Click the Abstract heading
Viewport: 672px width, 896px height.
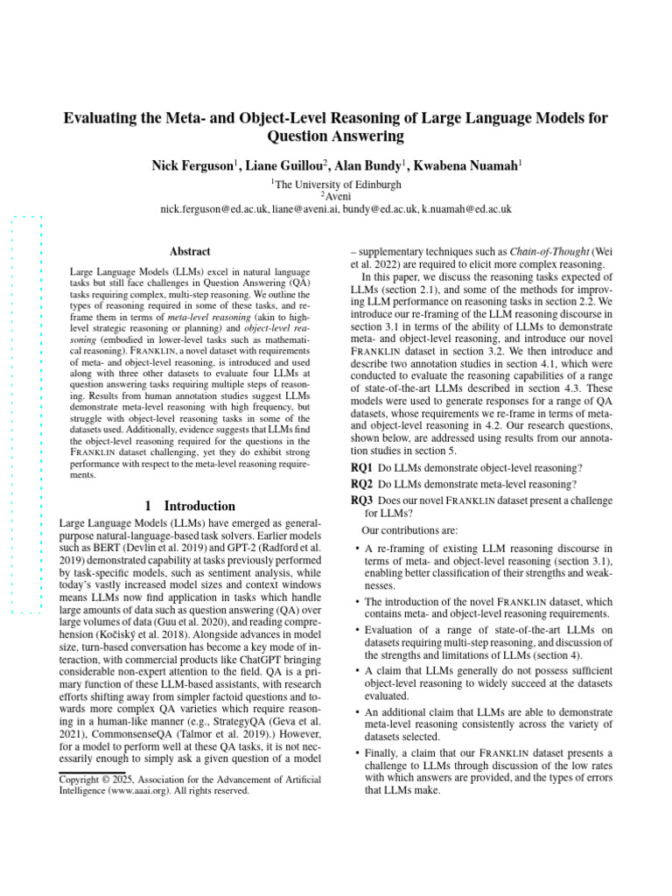(189, 250)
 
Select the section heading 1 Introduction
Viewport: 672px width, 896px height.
(189, 506)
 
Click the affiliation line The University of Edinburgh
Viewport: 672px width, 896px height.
(337, 185)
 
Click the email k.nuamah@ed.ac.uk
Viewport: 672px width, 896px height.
(466, 210)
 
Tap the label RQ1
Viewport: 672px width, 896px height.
(362, 468)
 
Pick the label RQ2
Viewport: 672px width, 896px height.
(362, 484)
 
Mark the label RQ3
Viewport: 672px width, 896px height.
(362, 500)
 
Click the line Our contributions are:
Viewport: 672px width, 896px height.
(403, 530)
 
